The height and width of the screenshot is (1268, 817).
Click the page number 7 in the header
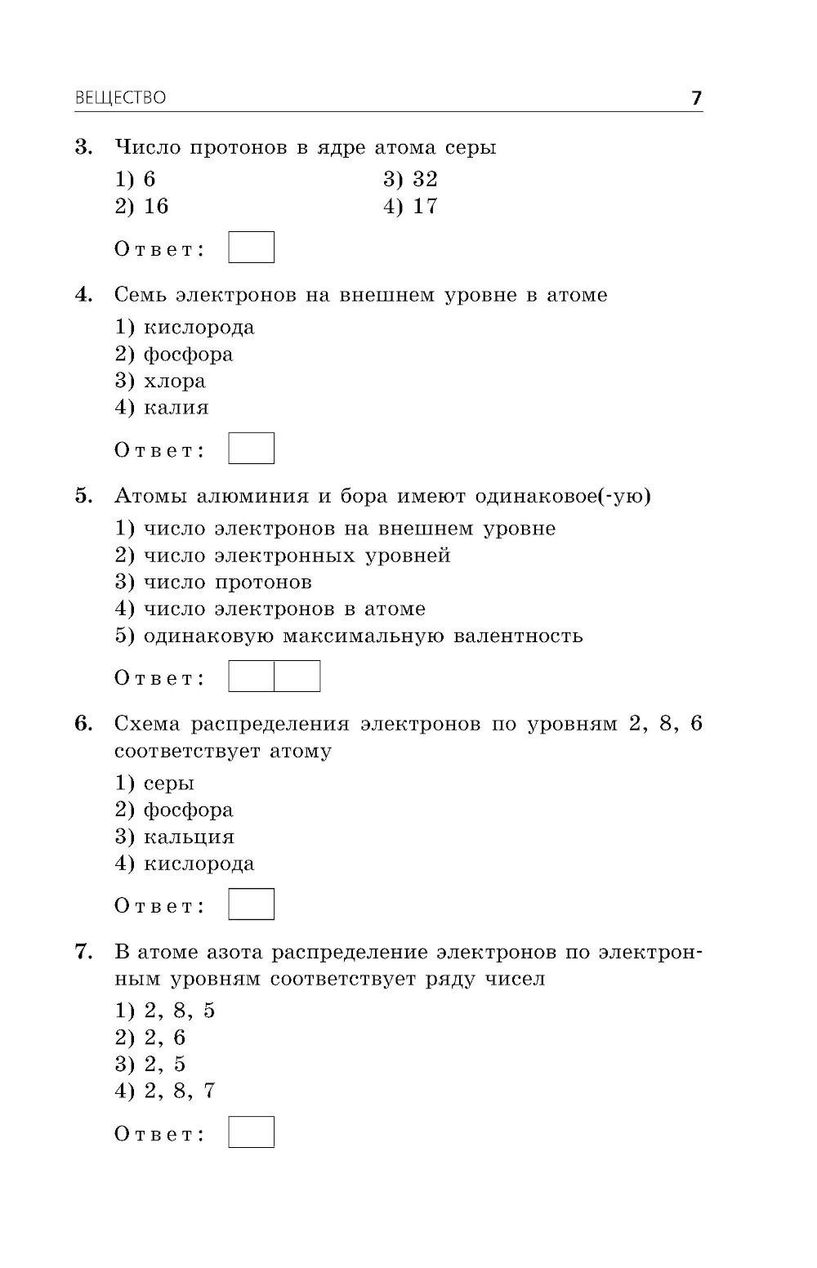696,98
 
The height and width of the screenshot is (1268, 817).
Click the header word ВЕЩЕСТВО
120,98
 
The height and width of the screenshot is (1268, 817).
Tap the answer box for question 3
251,248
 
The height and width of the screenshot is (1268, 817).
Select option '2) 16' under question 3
142,206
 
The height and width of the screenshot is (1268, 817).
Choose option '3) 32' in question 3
410,179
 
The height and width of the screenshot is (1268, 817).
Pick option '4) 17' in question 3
410,206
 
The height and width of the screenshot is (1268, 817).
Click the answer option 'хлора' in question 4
174,381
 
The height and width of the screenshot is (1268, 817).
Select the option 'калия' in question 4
176,408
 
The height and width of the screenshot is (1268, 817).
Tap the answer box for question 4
251,449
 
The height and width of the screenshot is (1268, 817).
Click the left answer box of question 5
251,676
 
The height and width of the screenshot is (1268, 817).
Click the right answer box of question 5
297,676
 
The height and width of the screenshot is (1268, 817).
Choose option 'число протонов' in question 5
227,583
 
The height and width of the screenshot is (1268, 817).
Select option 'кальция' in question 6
189,837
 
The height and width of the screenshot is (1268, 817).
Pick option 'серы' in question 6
169,784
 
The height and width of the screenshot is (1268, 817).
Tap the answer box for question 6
251,904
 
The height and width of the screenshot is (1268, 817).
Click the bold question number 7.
82,952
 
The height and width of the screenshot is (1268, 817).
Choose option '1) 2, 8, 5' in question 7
165,1011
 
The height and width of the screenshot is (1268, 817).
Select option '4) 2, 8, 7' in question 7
165,1091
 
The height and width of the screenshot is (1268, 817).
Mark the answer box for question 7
251,1132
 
